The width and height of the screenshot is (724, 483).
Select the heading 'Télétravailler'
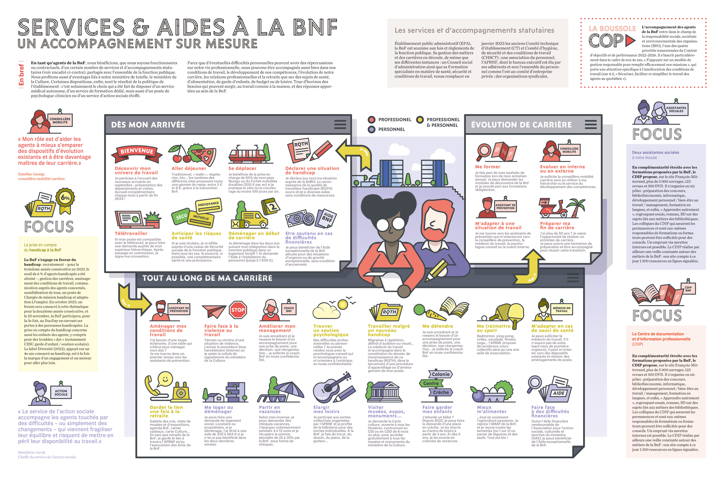(x=131, y=234)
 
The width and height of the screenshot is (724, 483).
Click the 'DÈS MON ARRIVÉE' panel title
(x=148, y=125)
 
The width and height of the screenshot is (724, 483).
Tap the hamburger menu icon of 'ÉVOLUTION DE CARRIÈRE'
(x=590, y=125)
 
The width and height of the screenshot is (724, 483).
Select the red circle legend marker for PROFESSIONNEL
(x=372, y=119)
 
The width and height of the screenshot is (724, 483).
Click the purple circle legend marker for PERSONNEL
(x=372, y=129)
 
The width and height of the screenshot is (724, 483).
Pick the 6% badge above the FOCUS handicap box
(x=65, y=198)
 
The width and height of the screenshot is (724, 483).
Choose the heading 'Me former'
(x=488, y=167)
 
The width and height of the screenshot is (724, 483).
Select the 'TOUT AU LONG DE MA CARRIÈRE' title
(x=207, y=278)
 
